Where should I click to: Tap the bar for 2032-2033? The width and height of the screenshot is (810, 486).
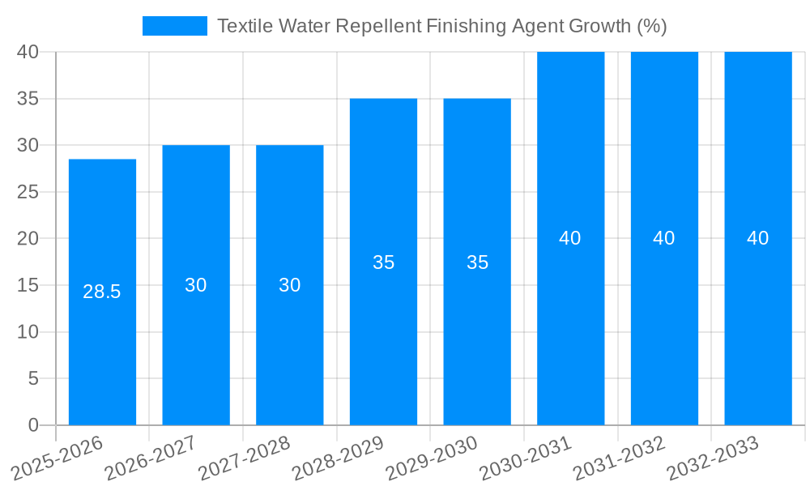pyautogui.click(x=758, y=324)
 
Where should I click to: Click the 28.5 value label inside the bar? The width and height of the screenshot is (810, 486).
pyautogui.click(x=102, y=292)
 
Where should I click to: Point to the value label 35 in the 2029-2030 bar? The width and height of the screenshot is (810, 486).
pyautogui.click(x=477, y=262)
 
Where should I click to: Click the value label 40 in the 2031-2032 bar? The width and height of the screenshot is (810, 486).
pyautogui.click(x=664, y=238)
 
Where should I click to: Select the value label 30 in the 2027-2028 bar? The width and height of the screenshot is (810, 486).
pyautogui.click(x=290, y=285)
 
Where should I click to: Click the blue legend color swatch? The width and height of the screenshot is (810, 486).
pyautogui.click(x=175, y=26)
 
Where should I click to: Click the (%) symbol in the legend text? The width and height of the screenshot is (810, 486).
pyautogui.click(x=651, y=26)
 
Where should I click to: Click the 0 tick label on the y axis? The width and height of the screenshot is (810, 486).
pyautogui.click(x=33, y=425)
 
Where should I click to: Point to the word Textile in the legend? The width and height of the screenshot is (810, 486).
pyautogui.click(x=245, y=26)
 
